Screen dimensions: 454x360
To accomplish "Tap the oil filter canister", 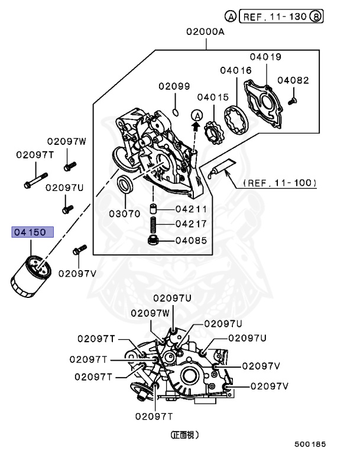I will tap(31, 273).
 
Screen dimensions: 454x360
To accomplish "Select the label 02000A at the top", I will tap(205, 33).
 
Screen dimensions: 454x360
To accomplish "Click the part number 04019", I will tap(265, 57).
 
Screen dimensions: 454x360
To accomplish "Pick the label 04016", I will tap(236, 70).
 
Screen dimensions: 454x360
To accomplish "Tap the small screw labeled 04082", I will tap(290, 102).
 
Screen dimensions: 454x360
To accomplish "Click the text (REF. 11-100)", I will tap(280, 183).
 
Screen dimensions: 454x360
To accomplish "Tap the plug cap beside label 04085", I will tap(154, 241).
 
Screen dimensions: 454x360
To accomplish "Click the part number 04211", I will tap(192, 209).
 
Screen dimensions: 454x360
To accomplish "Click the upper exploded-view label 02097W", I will tap(67, 141).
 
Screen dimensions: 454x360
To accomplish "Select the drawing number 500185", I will tap(310, 443).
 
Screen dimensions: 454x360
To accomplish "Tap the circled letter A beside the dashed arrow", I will tap(197, 114).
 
